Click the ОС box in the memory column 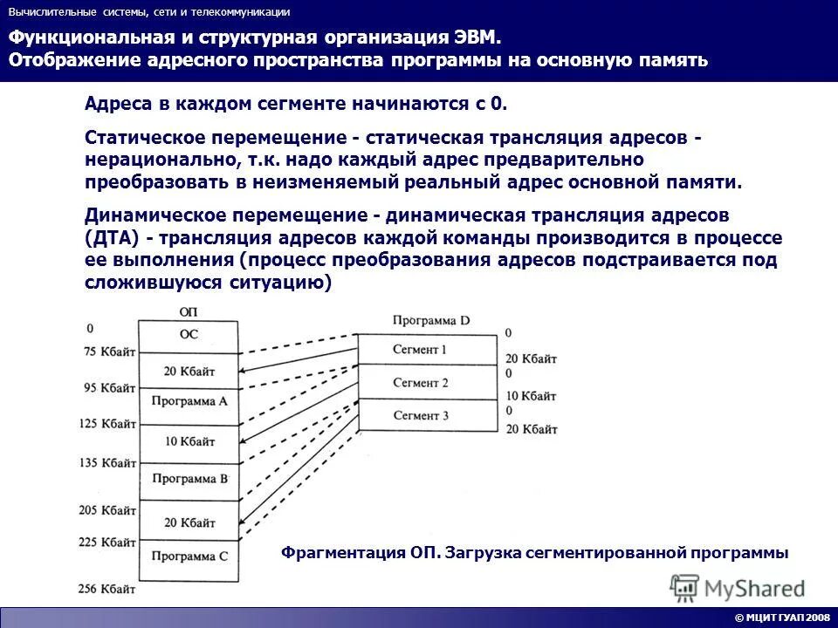189,334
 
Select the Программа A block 189,402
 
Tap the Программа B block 189,479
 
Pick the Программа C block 189,556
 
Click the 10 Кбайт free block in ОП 189,441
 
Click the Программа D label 431,320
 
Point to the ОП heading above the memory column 188,311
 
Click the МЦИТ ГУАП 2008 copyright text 782,618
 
